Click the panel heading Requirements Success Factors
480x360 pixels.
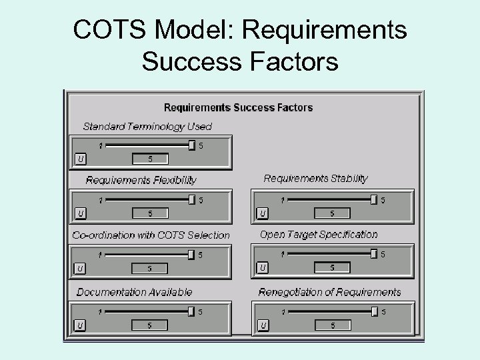coord(238,107)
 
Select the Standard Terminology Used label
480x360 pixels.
coord(147,126)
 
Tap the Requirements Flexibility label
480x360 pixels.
coord(141,180)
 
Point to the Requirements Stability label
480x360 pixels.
coord(315,178)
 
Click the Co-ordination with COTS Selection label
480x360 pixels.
coord(151,235)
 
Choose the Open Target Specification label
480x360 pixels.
coord(319,234)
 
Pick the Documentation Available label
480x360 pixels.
coord(135,291)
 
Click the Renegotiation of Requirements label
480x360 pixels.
coord(330,291)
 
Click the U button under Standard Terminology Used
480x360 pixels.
coord(80,159)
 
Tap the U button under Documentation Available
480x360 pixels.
coord(80,325)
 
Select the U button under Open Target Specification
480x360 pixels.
coord(263,267)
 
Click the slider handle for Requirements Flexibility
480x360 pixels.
coord(192,199)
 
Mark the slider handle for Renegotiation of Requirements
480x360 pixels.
coord(374,311)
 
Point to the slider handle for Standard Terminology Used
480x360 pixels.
coord(192,145)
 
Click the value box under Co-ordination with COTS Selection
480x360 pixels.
coord(150,268)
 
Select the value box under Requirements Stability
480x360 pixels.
coord(332,213)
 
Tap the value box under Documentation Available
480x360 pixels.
coord(150,325)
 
